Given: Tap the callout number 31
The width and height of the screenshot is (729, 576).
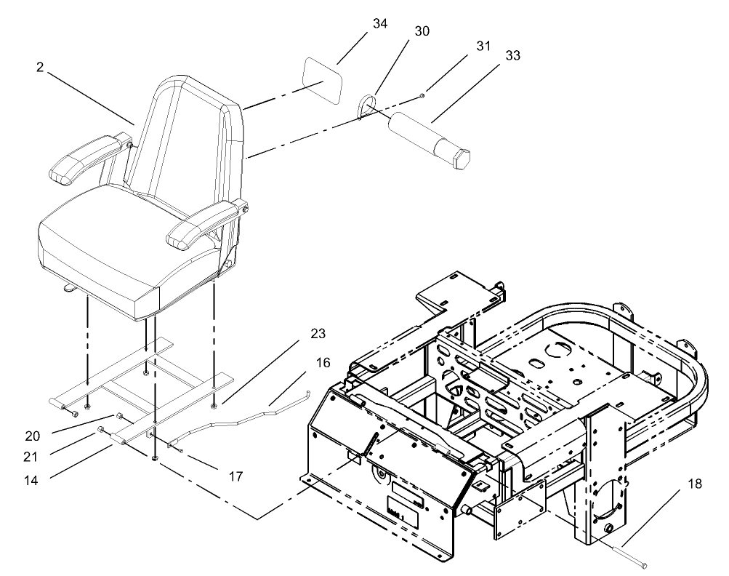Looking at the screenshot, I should coord(484,45).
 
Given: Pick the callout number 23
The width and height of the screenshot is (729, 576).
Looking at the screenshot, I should coord(317,335).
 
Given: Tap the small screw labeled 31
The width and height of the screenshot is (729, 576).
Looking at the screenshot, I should coord(423,95).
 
